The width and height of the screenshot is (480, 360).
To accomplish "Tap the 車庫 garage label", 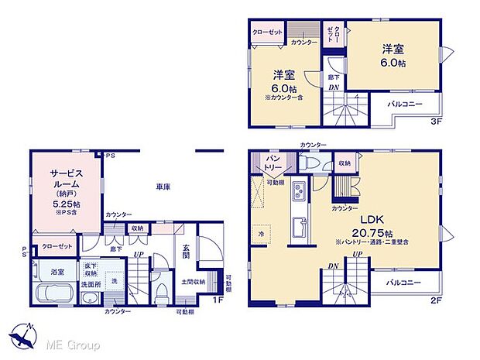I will click(x=163, y=187).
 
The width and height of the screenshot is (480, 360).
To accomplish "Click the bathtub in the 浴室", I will click(x=52, y=294).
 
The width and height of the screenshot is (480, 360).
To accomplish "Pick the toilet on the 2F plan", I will click(x=310, y=164).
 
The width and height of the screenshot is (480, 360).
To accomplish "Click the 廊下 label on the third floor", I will click(x=332, y=77).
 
